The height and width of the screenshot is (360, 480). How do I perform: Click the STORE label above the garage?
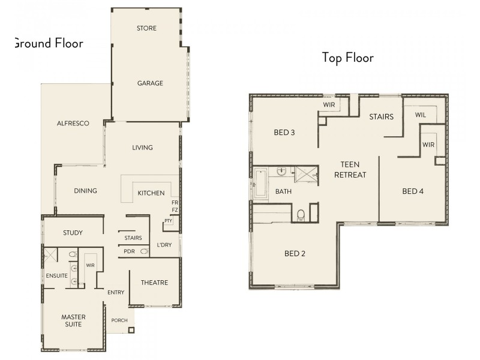146,28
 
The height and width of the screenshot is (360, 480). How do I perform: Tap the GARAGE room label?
150,83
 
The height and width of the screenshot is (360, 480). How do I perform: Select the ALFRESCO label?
73,124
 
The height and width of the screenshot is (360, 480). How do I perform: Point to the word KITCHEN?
151,193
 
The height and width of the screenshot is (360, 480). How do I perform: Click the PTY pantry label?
168,221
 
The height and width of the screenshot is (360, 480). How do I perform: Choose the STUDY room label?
73,233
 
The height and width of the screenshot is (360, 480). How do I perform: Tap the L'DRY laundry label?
164,245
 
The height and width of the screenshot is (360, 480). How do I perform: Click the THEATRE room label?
154,283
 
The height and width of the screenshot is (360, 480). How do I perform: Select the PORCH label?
119,320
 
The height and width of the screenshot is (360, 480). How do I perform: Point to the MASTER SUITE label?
73,320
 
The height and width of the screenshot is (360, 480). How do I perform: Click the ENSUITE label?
57,275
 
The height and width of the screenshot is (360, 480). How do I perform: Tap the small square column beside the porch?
131,329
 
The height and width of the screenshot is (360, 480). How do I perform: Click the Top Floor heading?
347,58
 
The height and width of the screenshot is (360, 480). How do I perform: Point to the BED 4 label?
413,191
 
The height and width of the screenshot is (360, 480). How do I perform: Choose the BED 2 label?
295,254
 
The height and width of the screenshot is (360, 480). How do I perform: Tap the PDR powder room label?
129,251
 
